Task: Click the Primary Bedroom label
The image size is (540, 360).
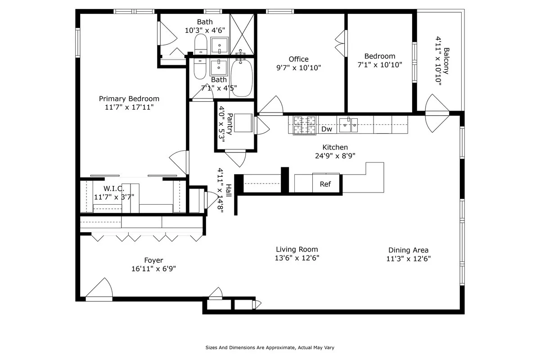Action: coord(129,99)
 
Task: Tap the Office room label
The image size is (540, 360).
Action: coord(299,59)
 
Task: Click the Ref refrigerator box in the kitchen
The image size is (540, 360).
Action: coord(325,184)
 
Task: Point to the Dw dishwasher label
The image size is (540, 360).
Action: coord(327,130)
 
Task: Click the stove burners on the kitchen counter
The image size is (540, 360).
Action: coord(305,125)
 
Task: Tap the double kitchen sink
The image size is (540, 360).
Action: coord(348,125)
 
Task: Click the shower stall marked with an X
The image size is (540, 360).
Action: coord(242,34)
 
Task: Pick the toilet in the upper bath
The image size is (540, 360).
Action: coord(201,45)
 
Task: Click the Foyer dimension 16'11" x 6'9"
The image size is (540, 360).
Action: coord(153,269)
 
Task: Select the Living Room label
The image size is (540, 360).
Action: coord(297,249)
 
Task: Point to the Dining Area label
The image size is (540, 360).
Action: coord(408,250)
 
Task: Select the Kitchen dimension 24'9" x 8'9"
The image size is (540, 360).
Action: coord(335,156)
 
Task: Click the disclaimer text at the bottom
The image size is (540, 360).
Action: coord(270,347)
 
